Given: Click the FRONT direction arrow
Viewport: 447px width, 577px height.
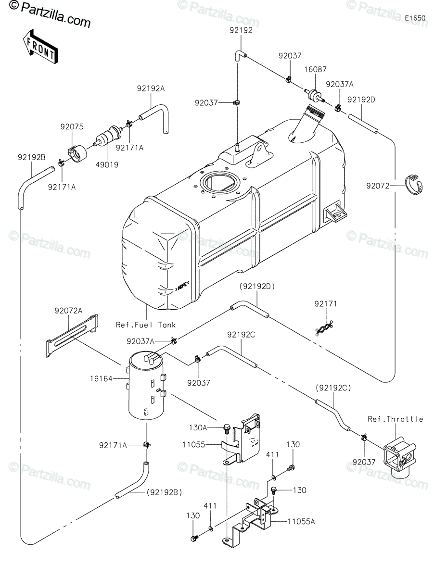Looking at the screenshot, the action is pos(40,47).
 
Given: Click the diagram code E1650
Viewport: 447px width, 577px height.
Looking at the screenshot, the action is pos(415,18).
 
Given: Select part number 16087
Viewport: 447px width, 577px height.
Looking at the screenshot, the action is pos(315,69).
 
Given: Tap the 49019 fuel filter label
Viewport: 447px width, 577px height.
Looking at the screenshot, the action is pos(107,165).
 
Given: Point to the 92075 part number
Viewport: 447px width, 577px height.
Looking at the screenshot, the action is pos(72,126).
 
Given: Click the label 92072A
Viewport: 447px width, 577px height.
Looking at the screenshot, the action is pos(68,311).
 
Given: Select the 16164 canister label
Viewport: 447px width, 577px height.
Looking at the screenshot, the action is pos(101,378).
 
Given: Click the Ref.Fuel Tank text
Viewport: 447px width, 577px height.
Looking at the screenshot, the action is pos(146,325).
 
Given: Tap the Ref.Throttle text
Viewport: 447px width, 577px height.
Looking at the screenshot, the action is pos(395,419).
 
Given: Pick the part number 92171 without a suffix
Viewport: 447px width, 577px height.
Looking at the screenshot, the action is pos(326,303).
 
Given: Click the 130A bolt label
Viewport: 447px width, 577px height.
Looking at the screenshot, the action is pos(198,427).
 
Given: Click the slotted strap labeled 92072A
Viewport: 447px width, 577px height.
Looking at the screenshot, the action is pos(72,336).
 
